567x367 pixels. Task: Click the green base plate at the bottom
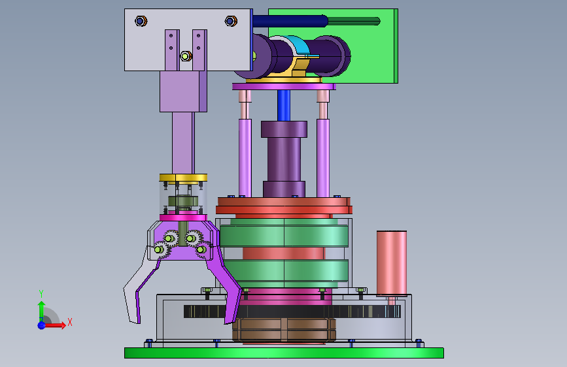pyautogui.click(x=284, y=353)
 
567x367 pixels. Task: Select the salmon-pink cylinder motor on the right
pyautogui.click(x=392, y=264)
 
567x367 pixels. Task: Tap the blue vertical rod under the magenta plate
pyautogui.click(x=284, y=105)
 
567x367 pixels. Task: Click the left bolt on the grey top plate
pyautogui.click(x=141, y=21)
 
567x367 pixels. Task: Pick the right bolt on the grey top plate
pyautogui.click(x=231, y=21)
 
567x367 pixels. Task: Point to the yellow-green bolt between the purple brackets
pyautogui.click(x=186, y=56)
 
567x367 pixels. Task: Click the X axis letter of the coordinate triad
pyautogui.click(x=70, y=322)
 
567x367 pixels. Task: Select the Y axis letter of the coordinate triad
pyautogui.click(x=41, y=294)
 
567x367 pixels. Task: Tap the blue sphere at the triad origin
pyautogui.click(x=42, y=325)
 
